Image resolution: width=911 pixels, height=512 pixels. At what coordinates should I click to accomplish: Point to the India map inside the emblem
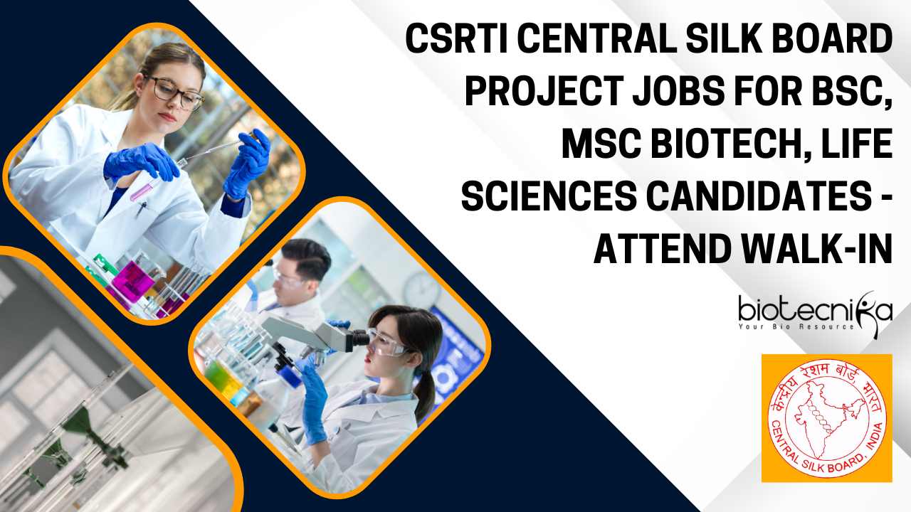coord(826,420)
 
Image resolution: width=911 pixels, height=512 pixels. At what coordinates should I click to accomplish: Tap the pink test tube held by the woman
coord(141,192)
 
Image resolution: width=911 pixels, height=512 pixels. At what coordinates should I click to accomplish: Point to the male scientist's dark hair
coord(307,258)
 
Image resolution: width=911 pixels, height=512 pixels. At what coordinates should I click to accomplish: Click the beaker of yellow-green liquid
coord(220,374)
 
